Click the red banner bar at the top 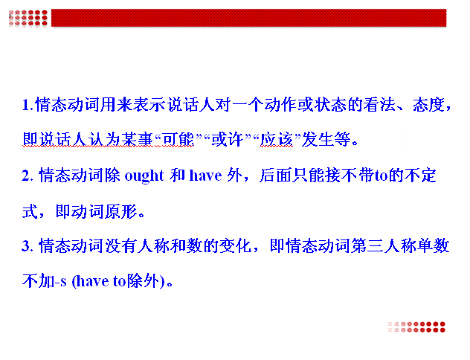click(x=249, y=18)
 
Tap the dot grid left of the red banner click(x=28, y=18)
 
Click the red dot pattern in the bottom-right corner click(x=416, y=327)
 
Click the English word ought click(x=144, y=176)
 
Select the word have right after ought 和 click(x=205, y=176)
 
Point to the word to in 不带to click(x=382, y=176)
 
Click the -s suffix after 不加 click(x=61, y=282)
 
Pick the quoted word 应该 click(x=277, y=140)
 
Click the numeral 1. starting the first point click(x=28, y=106)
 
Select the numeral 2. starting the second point click(x=28, y=176)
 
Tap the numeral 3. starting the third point click(x=28, y=246)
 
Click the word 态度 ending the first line click(x=428, y=105)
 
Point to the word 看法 click(x=379, y=105)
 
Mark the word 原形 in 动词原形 click(x=121, y=211)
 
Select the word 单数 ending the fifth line click(x=433, y=246)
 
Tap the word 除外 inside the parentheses click(x=143, y=281)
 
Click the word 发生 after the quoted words click(x=317, y=140)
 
